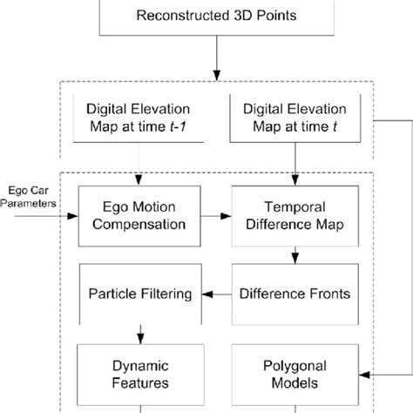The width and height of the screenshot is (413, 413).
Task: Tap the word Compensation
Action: pos(134,224)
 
